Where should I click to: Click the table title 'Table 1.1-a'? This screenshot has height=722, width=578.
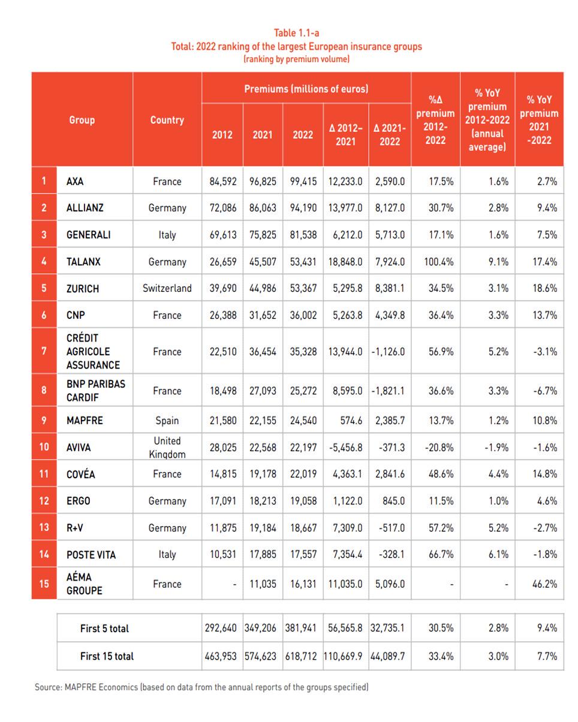(x=296, y=33)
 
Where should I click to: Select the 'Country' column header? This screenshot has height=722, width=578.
(x=167, y=120)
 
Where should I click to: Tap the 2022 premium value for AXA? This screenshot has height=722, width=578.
(x=303, y=181)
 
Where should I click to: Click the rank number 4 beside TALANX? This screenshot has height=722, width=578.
(x=44, y=262)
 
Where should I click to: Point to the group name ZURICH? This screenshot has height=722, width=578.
(x=82, y=288)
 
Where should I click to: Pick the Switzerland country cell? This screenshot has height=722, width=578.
(x=167, y=288)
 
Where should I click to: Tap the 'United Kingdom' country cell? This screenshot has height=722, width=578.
(x=167, y=447)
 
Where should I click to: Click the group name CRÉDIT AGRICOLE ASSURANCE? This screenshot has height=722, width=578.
(x=93, y=351)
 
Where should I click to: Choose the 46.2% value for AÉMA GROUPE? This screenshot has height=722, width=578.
(x=544, y=584)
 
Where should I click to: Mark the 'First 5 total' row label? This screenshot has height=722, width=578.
(x=104, y=629)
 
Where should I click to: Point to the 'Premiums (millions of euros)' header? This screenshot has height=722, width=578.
(x=306, y=89)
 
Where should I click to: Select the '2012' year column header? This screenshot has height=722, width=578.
(x=222, y=135)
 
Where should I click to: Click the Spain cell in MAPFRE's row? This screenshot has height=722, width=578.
(x=167, y=421)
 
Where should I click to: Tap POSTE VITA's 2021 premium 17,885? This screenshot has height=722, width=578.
(x=263, y=554)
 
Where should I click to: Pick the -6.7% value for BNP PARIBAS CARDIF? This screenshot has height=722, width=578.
(x=544, y=391)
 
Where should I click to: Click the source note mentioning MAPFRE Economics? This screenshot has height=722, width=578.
(x=201, y=687)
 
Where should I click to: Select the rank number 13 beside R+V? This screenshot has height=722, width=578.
(x=44, y=528)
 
